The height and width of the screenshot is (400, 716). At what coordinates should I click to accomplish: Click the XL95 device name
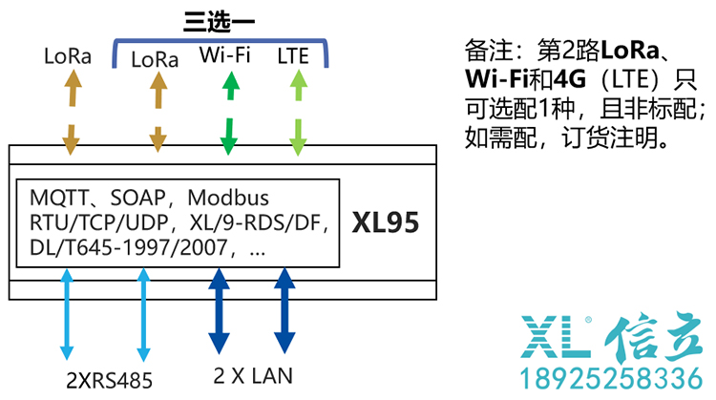[x=386, y=223]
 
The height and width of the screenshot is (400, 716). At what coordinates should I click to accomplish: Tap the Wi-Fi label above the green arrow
[x=225, y=54]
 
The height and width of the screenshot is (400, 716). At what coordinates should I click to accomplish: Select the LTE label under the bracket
[x=293, y=55]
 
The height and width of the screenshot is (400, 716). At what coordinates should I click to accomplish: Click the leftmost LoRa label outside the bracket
[x=68, y=55]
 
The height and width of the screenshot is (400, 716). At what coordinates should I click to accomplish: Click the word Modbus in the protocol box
[x=228, y=199]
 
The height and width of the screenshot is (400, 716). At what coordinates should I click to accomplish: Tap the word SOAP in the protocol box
[x=140, y=199]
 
